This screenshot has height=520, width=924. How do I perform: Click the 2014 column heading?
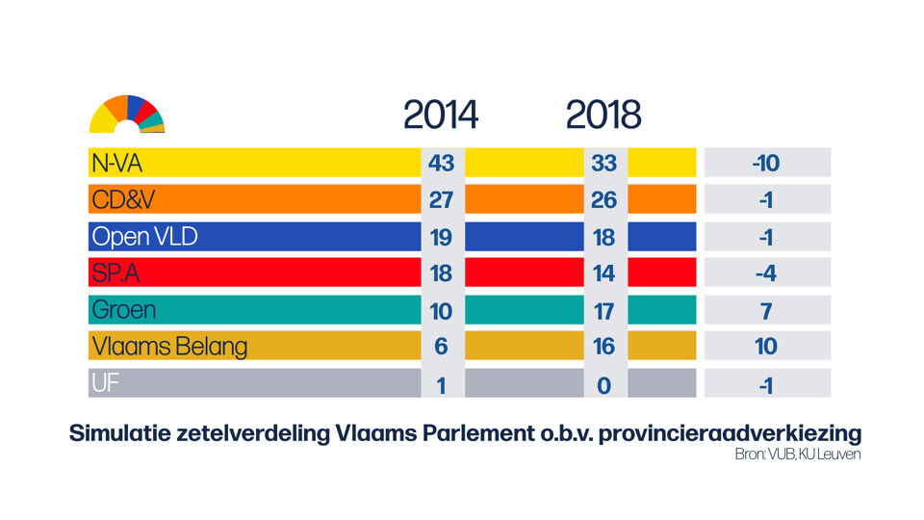pos(440,116)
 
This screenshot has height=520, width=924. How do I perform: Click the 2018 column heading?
pos(603,116)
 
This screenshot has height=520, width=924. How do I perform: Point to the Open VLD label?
pos(144,236)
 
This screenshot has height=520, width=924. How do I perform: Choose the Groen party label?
pos(123,310)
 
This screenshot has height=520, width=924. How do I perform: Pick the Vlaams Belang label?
pos(169,347)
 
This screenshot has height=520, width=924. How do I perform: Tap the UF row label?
pos(106,383)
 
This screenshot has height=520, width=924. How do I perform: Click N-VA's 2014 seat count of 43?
pos(441,163)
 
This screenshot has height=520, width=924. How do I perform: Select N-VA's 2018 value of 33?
pos(603,163)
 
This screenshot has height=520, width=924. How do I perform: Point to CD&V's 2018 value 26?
pos(603,199)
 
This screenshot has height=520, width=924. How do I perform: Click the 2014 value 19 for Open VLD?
pos(441,236)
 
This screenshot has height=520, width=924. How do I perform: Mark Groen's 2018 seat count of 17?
pos(603,310)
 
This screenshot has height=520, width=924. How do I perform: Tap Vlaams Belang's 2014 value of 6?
pos(441,347)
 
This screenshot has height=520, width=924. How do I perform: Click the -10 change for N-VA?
pos(766,163)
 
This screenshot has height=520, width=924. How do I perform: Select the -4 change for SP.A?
pos(766,273)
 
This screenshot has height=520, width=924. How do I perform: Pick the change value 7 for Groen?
pos(766,310)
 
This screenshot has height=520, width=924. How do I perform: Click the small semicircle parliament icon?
pos(127,116)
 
